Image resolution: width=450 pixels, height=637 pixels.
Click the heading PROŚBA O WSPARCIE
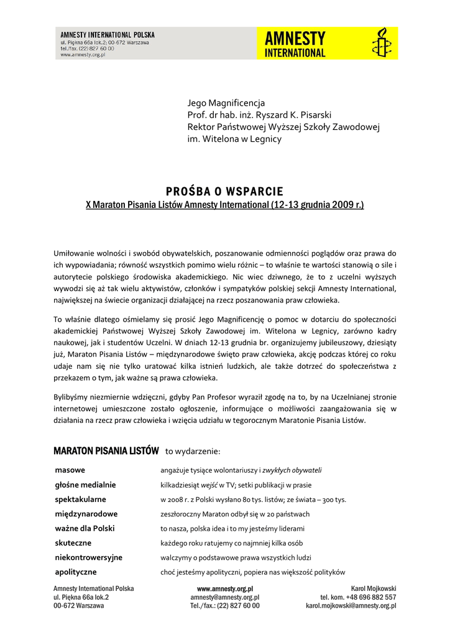tap(225, 191)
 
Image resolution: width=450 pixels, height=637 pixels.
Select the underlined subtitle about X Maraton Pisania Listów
tap(224, 205)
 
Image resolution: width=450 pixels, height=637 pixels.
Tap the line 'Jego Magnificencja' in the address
tap(226, 103)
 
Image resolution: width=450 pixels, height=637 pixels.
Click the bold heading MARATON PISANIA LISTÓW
tap(106, 450)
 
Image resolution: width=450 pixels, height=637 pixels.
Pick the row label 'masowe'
tap(70, 470)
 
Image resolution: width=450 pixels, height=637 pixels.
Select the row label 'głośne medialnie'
tap(85, 485)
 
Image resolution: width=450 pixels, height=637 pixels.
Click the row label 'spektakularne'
tap(80, 499)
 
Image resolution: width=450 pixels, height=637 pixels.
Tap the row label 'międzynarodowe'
tap(86, 514)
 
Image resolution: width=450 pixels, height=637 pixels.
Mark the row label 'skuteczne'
tap(73, 543)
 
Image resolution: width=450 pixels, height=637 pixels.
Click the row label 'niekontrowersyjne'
tap(88, 557)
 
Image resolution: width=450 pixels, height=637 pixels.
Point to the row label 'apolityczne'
tap(76, 572)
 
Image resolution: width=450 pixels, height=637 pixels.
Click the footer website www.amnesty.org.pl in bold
tap(225, 588)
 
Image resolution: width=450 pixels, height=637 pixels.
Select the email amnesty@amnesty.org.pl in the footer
tap(225, 597)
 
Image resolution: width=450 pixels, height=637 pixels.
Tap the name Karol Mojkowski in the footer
tap(374, 588)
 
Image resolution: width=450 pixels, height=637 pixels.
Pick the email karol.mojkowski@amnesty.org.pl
tap(351, 605)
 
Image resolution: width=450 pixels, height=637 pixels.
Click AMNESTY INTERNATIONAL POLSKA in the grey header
tap(108, 35)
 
